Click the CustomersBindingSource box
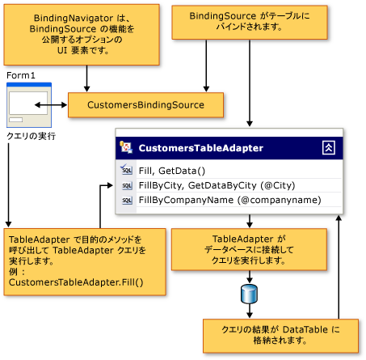click(x=146, y=104)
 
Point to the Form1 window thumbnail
click(x=28, y=104)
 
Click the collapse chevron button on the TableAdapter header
click(x=328, y=147)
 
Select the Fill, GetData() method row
click(x=173, y=170)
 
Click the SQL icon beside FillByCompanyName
click(x=126, y=201)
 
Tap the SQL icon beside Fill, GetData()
click(x=126, y=171)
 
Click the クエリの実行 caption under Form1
click(x=30, y=136)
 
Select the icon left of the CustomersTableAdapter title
click(x=126, y=147)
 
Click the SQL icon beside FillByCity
click(x=126, y=186)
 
